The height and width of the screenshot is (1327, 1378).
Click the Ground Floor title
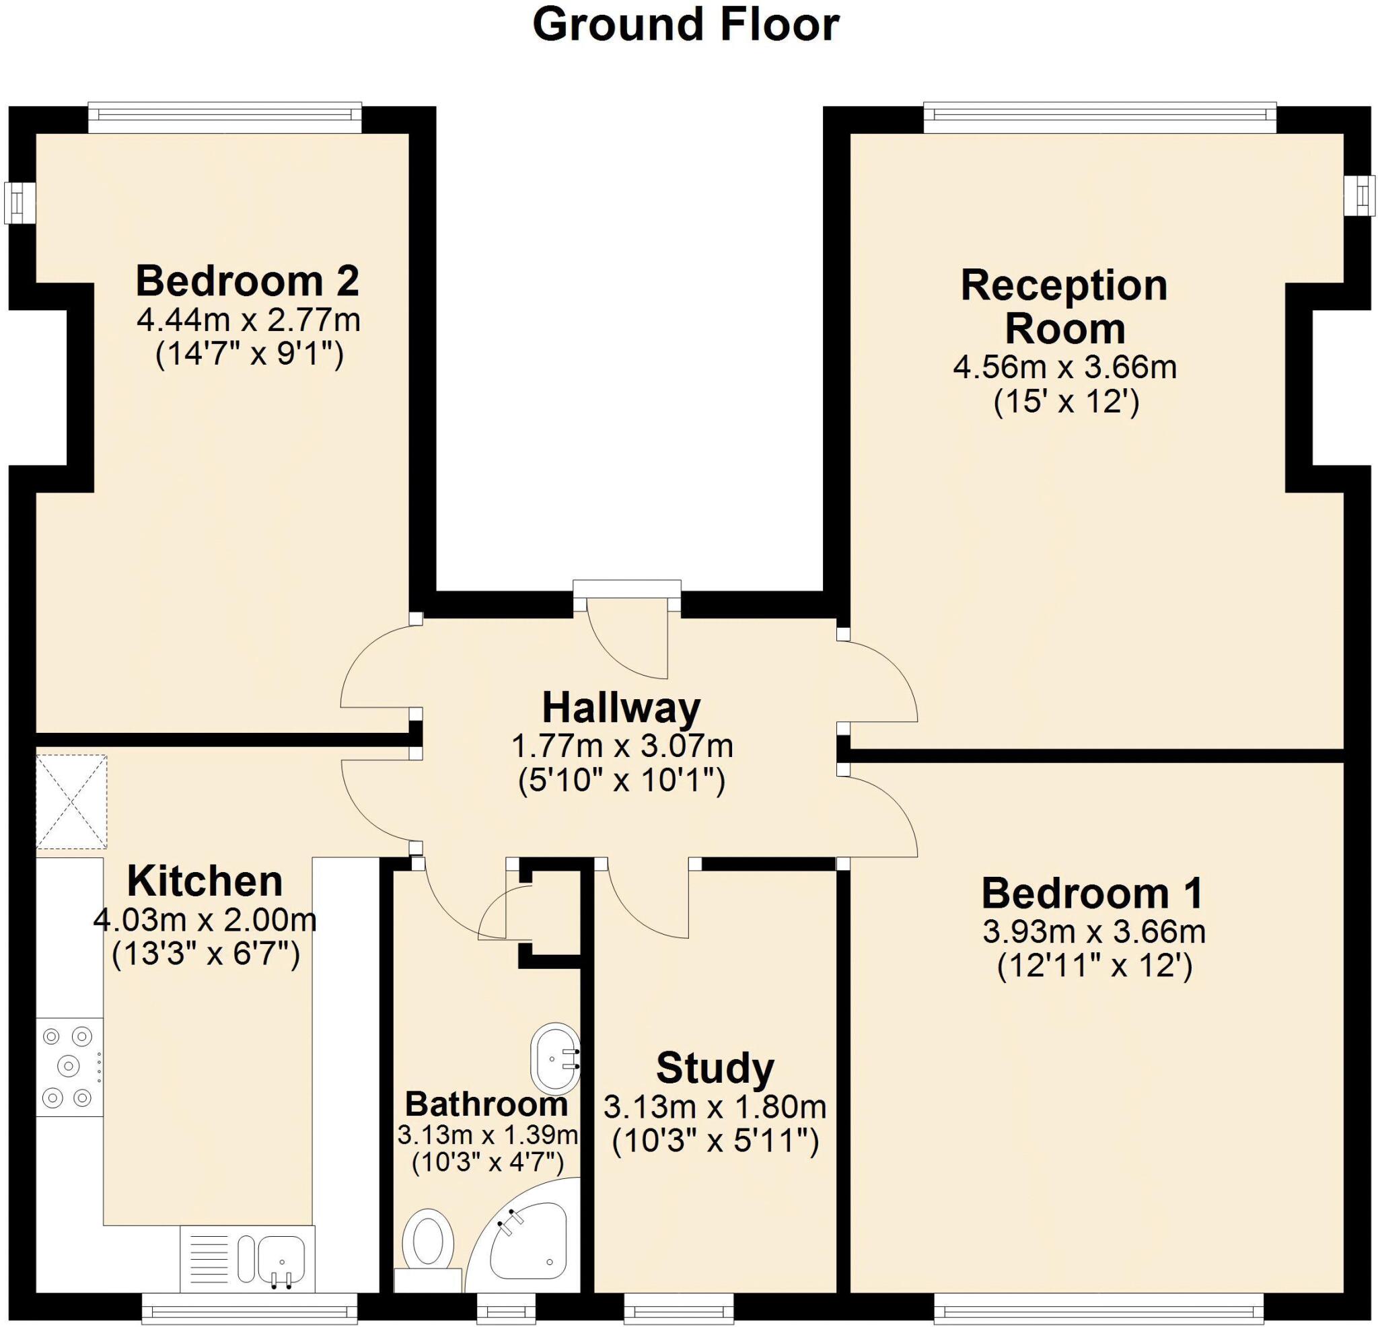tap(686, 25)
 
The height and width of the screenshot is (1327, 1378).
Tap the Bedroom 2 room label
tap(248, 281)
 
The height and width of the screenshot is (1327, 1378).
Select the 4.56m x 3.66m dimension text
tap(1064, 367)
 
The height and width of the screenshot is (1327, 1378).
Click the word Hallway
tap(622, 708)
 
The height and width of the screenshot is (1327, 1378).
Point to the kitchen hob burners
tap(68, 1066)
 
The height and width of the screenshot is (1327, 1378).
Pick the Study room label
tap(715, 1067)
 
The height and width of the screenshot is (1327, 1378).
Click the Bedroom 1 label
tap(1093, 893)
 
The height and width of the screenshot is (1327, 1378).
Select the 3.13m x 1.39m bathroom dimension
tap(487, 1135)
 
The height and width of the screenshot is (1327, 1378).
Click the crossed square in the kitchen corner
tap(72, 801)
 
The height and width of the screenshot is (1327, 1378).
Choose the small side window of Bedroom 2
tap(19, 203)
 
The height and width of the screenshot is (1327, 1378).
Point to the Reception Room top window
tap(1099, 118)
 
